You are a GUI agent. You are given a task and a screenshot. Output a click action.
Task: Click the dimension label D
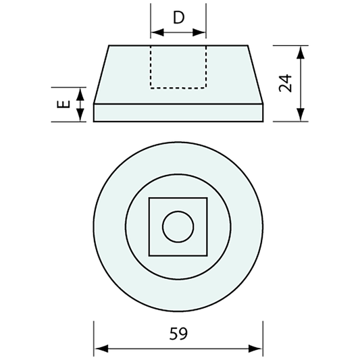(x=178, y=18)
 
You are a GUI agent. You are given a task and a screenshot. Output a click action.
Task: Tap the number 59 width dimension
(x=178, y=333)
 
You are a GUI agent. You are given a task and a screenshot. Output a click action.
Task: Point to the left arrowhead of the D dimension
(x=154, y=31)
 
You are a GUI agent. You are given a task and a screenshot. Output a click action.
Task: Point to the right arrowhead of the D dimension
(x=202, y=31)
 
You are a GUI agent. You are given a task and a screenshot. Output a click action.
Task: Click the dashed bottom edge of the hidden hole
(x=178, y=88)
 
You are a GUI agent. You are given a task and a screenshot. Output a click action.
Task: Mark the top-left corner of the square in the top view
(x=149, y=198)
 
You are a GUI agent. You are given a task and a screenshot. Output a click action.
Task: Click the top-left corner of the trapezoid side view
(x=109, y=45)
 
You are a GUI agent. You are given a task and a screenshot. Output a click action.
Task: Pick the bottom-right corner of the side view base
(x=261, y=122)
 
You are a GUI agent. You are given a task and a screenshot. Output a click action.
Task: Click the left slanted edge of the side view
(x=102, y=74)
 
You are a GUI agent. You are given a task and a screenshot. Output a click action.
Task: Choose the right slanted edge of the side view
(x=254, y=74)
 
